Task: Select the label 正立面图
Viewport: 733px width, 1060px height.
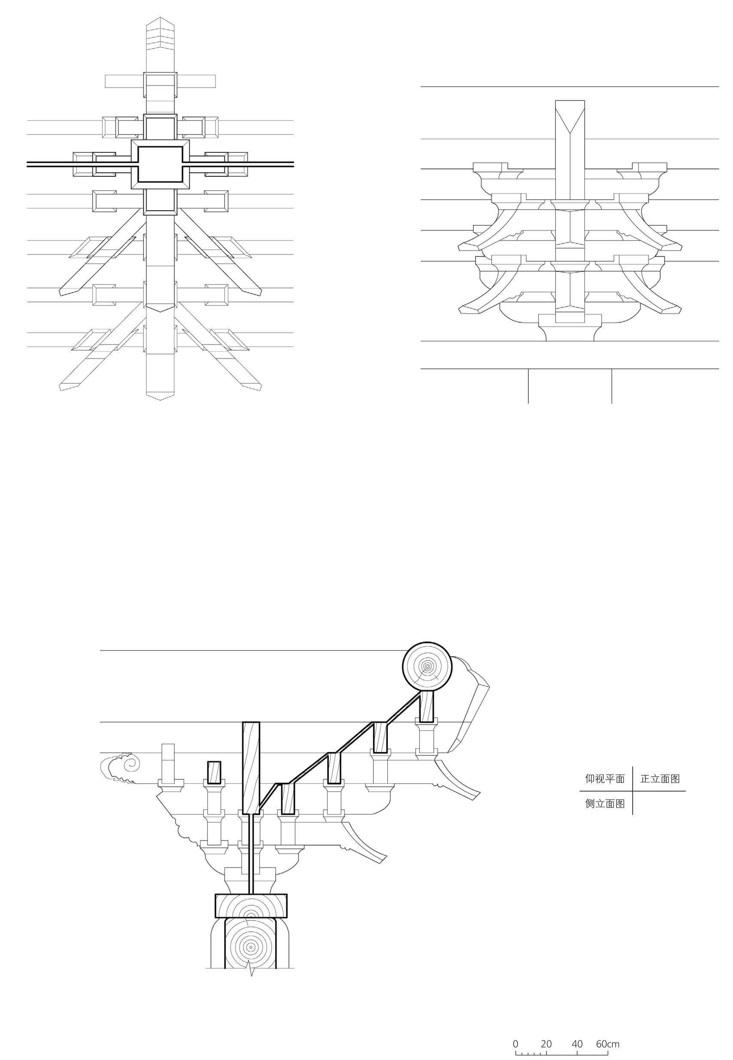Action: [660, 779]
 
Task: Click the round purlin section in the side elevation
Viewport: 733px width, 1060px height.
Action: [427, 666]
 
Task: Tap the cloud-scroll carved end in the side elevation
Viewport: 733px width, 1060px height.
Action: [121, 767]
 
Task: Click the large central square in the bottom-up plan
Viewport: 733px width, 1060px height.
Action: [160, 164]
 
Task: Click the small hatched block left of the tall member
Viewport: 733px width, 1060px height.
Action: [214, 772]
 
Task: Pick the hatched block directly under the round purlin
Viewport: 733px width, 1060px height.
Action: [427, 706]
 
